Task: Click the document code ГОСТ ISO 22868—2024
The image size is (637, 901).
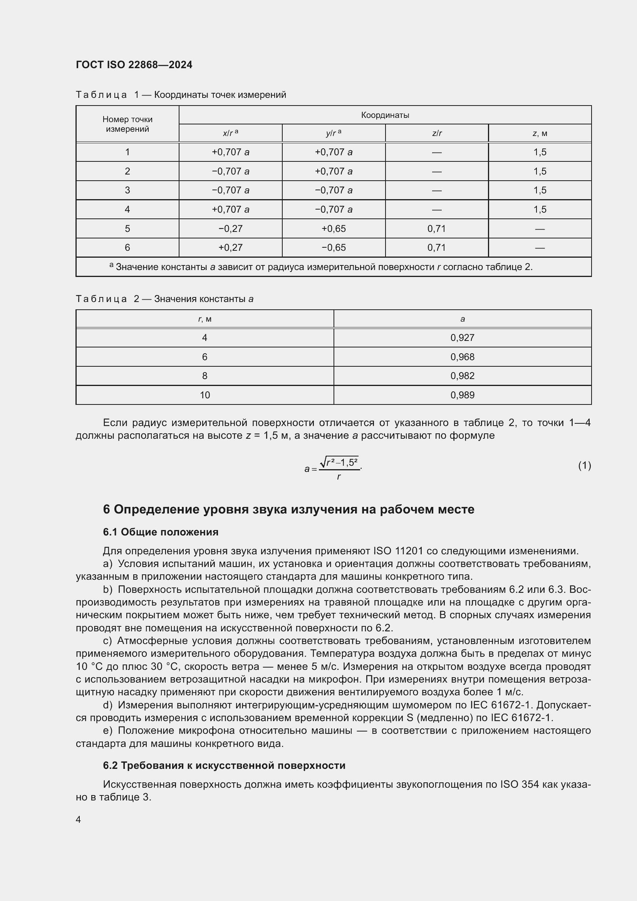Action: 134,65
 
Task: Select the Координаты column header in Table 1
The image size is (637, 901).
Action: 385,115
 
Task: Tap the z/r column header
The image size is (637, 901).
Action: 437,133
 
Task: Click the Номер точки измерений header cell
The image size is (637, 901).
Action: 127,124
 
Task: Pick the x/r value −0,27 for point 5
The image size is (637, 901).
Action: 230,228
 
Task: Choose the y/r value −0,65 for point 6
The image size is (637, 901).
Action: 334,248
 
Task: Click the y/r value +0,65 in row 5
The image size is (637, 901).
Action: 334,228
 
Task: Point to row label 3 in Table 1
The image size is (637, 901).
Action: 127,190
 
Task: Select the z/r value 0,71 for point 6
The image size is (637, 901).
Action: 437,248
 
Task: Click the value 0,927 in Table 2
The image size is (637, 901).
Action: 462,337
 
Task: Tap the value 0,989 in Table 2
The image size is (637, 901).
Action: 462,395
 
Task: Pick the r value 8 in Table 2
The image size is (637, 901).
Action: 205,376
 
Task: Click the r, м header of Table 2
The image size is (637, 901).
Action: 205,319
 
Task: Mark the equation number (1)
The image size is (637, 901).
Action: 584,465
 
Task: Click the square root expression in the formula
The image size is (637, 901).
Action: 339,462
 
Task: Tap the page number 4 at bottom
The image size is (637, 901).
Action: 79,819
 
